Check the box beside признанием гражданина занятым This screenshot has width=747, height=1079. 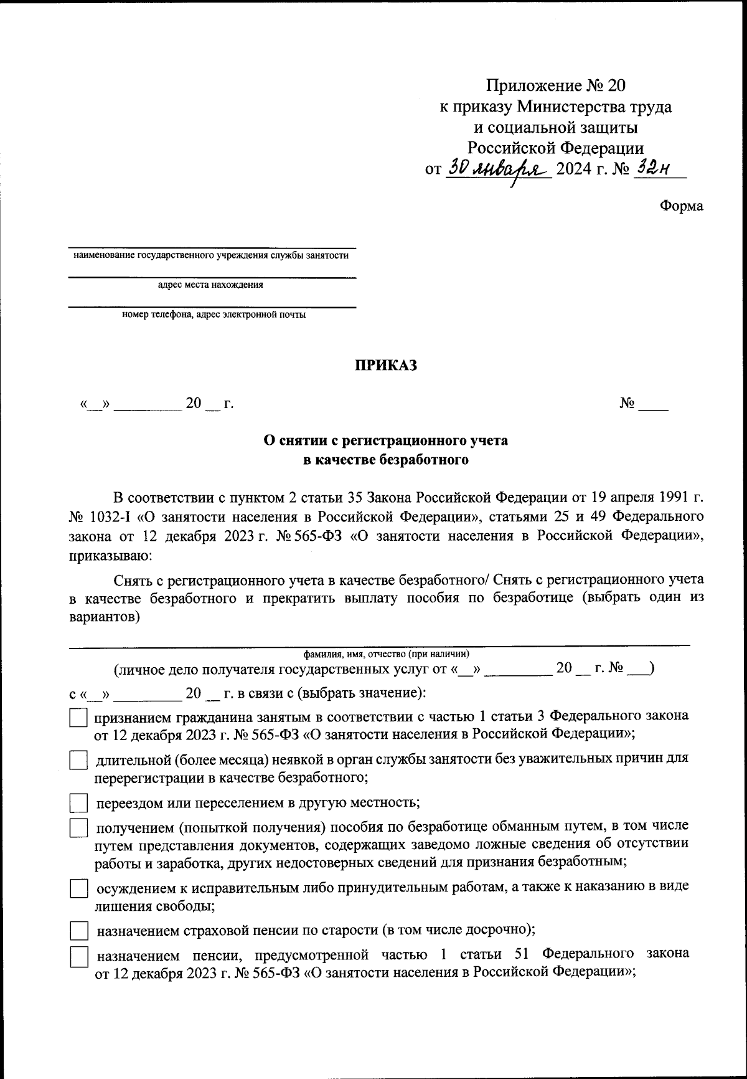coord(78,718)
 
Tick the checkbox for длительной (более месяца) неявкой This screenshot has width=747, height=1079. coord(78,761)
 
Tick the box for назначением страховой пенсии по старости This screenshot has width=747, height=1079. coord(78,931)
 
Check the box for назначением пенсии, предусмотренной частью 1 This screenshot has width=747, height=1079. coord(78,957)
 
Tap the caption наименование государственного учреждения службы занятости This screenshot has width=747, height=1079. coord(211,255)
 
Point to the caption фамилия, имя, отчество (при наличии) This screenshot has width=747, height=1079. coord(386,654)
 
